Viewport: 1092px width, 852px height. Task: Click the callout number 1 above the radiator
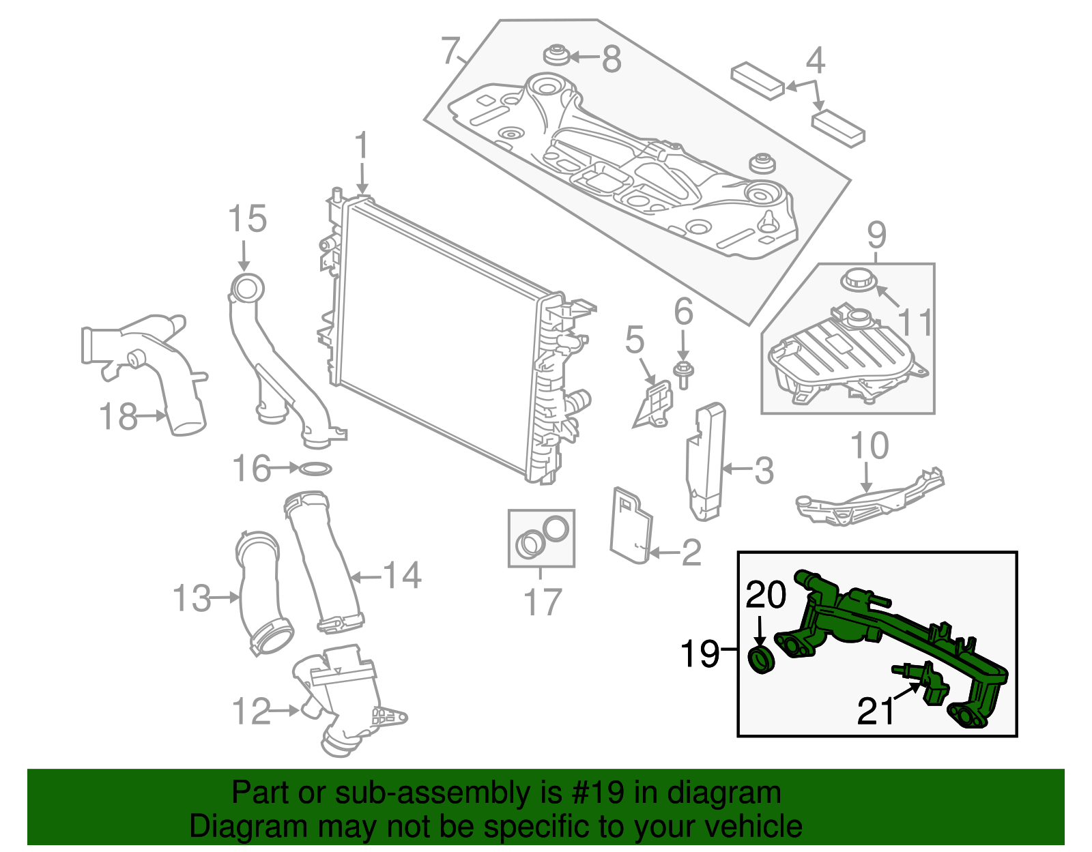361,149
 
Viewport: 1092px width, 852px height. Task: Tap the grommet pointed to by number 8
557,55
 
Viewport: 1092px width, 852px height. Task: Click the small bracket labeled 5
656,404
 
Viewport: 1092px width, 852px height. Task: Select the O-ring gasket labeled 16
315,469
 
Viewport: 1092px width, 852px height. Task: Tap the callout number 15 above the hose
246,220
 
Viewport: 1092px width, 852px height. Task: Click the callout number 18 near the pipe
118,416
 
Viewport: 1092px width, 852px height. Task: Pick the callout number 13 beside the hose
191,599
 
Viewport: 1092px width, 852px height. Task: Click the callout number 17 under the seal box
542,602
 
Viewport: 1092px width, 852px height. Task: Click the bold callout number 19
700,653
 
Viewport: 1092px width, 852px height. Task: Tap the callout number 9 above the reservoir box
876,236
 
